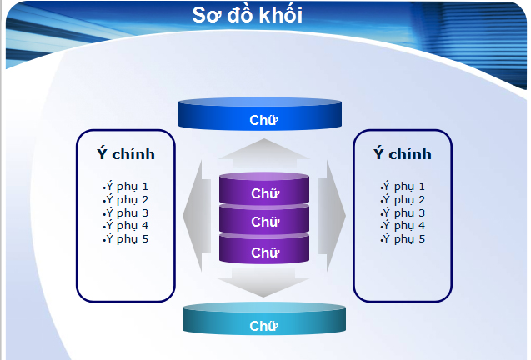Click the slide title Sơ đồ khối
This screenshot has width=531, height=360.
(x=247, y=15)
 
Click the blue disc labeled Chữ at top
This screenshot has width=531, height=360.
(x=263, y=119)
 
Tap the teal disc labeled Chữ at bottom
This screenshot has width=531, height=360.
(x=263, y=325)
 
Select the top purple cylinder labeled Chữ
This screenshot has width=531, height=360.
(x=263, y=193)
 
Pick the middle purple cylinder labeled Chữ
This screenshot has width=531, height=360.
(x=263, y=222)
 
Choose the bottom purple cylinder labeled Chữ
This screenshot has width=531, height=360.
(x=263, y=252)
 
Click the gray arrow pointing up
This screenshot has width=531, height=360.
(x=263, y=150)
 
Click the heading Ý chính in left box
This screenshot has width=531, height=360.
(x=126, y=154)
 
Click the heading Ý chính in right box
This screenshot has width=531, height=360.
(x=403, y=154)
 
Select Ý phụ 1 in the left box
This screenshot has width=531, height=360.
(x=126, y=187)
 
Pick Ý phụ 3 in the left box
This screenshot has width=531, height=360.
(x=126, y=212)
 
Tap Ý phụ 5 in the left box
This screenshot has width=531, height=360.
(x=126, y=239)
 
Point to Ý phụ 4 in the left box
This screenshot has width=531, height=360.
(x=126, y=226)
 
